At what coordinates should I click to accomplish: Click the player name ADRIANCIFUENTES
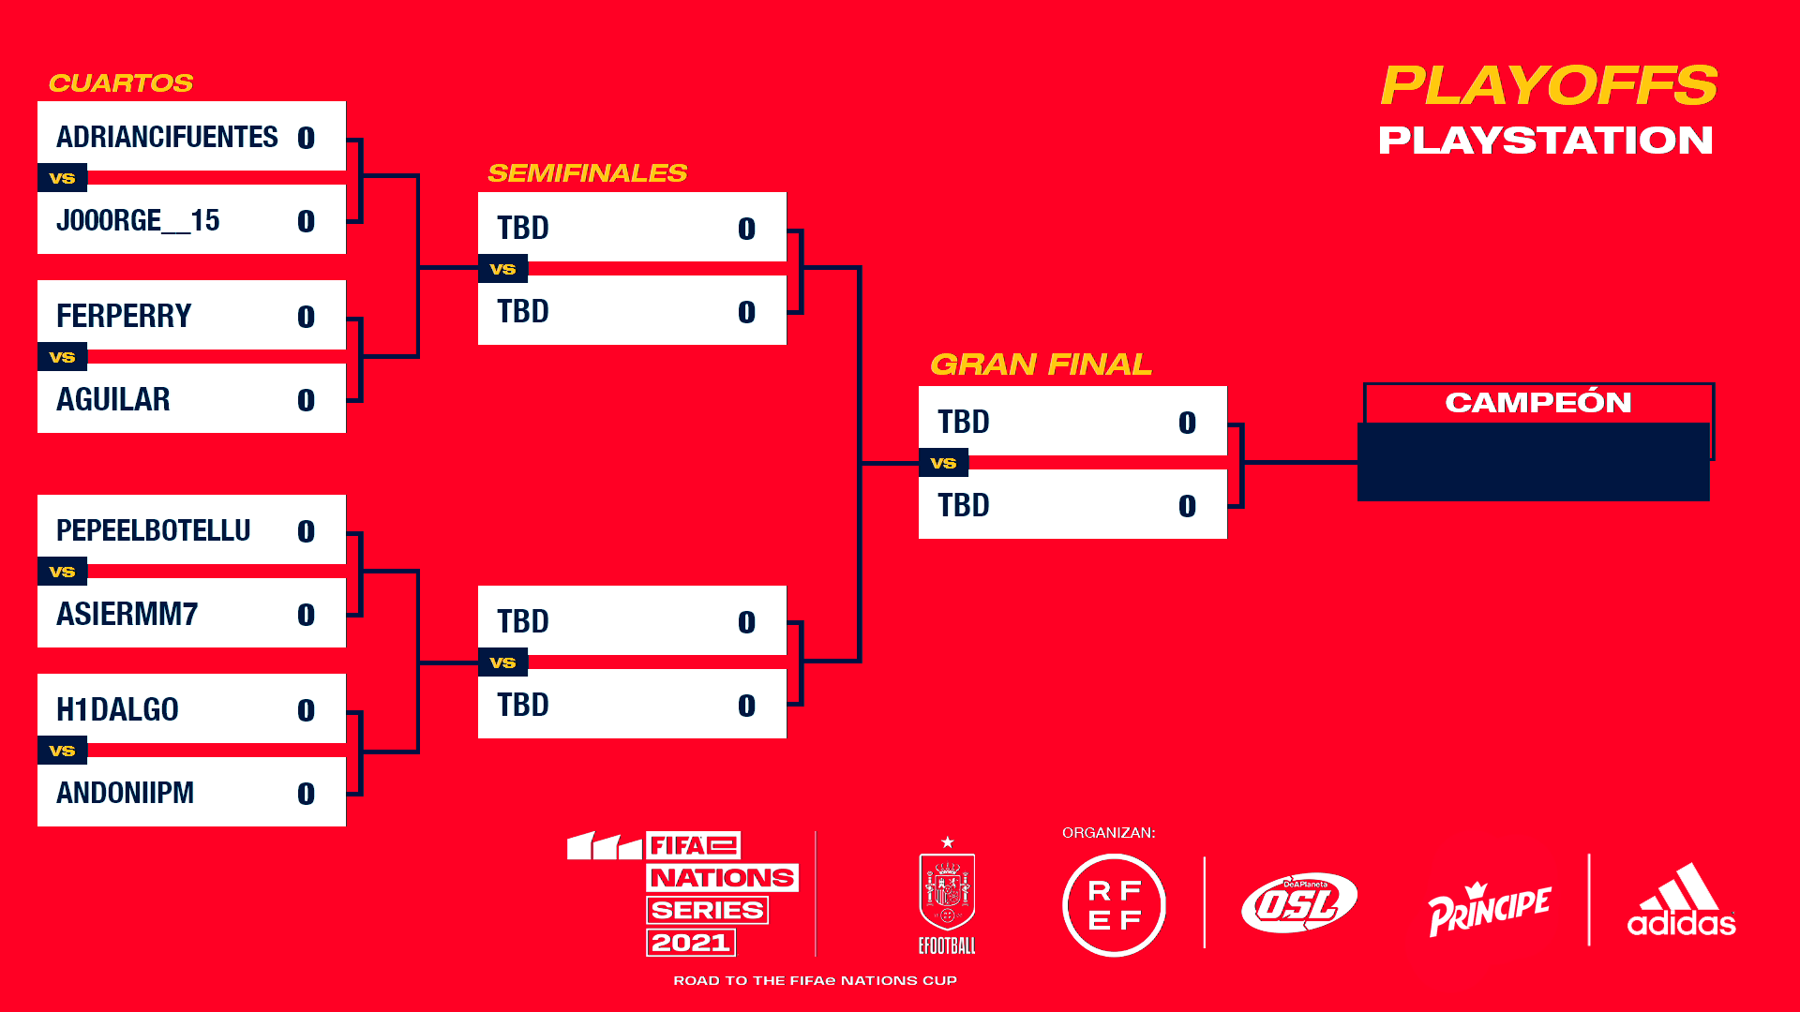click(167, 137)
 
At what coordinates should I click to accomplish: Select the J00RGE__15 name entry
click(138, 221)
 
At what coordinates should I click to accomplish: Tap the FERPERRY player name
click(124, 316)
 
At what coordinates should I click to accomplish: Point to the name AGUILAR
click(113, 399)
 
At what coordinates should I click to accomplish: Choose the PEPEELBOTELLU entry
click(154, 530)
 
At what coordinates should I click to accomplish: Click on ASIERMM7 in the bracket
click(127, 614)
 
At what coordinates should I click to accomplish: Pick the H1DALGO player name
click(117, 709)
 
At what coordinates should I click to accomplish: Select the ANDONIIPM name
click(126, 793)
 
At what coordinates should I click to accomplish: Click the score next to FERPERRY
click(306, 317)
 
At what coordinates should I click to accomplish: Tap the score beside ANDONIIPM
click(306, 794)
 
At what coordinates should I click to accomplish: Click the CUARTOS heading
click(121, 83)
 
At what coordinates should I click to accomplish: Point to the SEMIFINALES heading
click(588, 173)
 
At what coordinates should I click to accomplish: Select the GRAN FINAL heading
click(1041, 365)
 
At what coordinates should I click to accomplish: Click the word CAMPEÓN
click(1538, 402)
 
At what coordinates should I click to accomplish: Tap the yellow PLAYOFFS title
click(1549, 85)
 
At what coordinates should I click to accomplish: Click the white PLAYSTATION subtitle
click(1546, 141)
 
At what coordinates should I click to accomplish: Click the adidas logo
click(1682, 900)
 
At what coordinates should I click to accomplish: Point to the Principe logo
click(1489, 908)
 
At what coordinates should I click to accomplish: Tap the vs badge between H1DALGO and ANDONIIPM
click(62, 751)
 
